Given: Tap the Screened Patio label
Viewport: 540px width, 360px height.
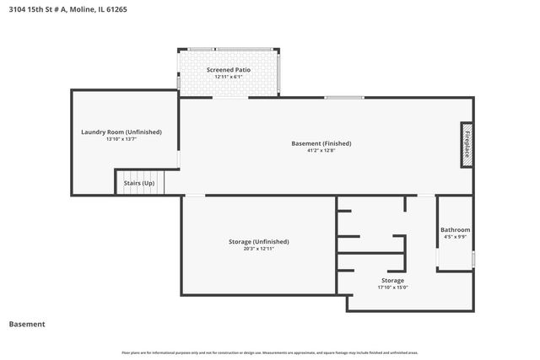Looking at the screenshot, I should click(x=229, y=69).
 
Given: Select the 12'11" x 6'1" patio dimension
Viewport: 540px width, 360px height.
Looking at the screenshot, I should click(x=229, y=77).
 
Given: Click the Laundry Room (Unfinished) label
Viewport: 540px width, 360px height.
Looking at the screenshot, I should click(x=121, y=132).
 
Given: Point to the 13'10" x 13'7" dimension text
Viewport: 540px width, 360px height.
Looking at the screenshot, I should click(x=121, y=139).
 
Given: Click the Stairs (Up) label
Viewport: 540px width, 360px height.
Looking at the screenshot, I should click(x=138, y=183).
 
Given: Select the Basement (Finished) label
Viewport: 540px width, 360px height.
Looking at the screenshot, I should click(x=321, y=143).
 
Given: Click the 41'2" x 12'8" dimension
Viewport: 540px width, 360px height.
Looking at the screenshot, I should click(x=321, y=152).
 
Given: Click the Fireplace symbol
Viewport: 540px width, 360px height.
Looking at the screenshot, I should click(x=466, y=144).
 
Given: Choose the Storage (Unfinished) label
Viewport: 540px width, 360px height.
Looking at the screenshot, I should click(x=258, y=241).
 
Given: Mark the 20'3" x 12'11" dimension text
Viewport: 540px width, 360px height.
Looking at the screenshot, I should click(x=258, y=249).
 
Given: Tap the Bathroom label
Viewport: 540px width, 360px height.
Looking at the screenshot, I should click(x=455, y=230).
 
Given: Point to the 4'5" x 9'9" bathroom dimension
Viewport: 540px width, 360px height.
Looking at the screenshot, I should click(x=455, y=238).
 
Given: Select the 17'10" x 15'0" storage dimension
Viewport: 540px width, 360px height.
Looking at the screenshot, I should click(x=392, y=287).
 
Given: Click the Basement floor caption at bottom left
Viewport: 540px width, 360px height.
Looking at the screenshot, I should click(x=27, y=324).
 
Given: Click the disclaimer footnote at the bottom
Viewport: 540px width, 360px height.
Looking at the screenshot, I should click(x=270, y=352).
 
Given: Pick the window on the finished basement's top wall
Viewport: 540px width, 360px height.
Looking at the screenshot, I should click(x=344, y=98).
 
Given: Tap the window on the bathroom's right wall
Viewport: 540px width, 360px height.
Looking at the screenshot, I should click(x=473, y=259).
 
